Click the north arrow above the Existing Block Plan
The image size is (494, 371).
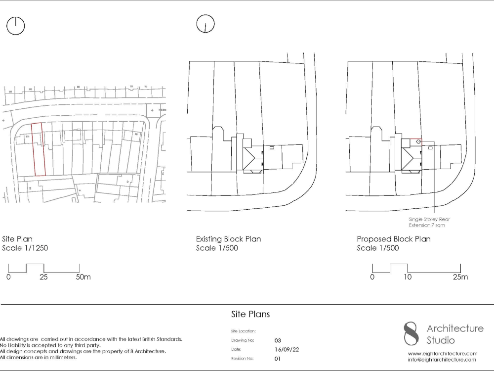tap(205, 24)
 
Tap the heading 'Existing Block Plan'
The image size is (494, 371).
tap(228, 239)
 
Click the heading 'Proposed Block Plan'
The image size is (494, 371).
tap(394, 239)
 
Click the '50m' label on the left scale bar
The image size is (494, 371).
tap(82, 277)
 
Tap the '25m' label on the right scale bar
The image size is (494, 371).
tap(460, 277)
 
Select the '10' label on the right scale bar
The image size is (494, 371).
tap(407, 277)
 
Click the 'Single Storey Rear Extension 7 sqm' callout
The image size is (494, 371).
tap(429, 222)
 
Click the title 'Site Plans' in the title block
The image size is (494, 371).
tap(250, 314)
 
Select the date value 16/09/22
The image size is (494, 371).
tap(287, 349)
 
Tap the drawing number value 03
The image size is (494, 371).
tap(278, 340)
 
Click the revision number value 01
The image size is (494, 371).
tap(277, 358)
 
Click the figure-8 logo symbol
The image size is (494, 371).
tap(411, 333)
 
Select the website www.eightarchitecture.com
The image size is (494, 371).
tap(443, 354)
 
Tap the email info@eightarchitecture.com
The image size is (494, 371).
tap(443, 360)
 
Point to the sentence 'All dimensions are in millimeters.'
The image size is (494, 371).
tap(39, 357)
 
